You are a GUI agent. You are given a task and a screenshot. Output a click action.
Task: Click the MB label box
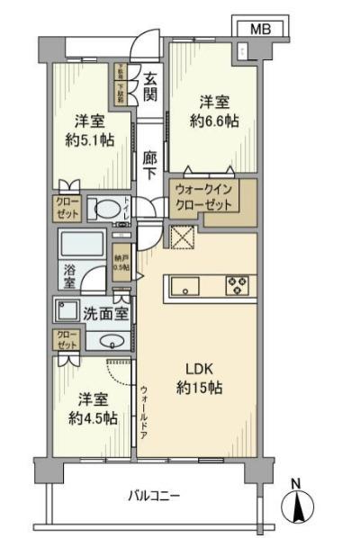(259, 29)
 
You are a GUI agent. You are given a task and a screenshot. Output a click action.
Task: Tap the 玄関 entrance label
(150, 86)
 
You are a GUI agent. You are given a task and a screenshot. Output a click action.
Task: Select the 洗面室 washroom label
(105, 315)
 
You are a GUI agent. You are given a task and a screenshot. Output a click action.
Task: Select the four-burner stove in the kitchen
(237, 287)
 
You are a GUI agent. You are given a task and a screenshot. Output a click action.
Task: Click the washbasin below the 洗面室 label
(110, 341)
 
